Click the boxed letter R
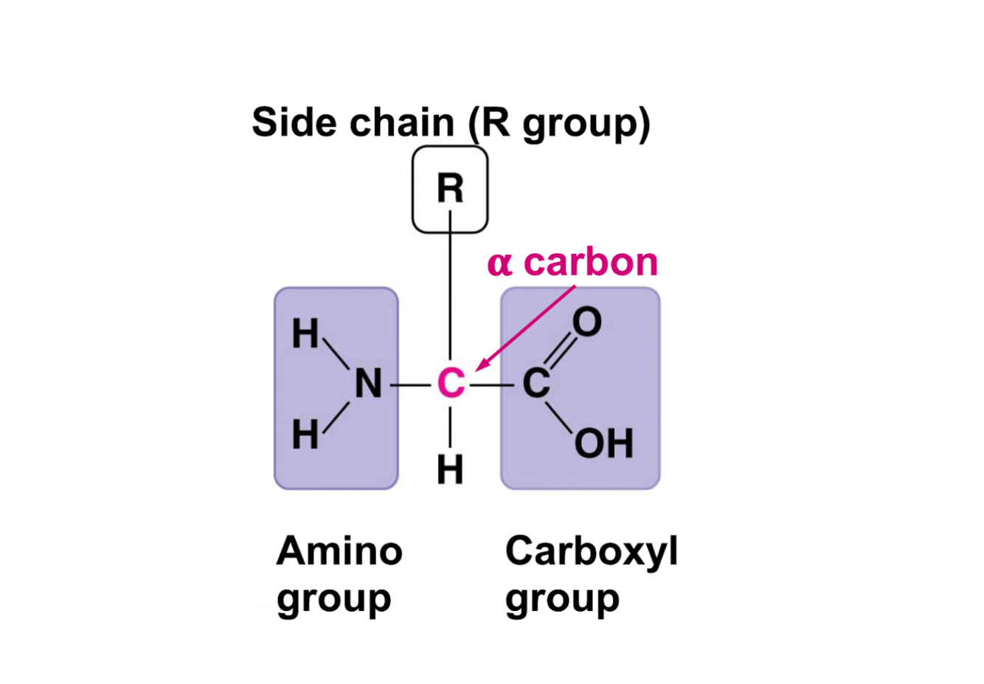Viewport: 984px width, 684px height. pos(450,188)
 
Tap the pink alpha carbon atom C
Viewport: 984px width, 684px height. pos(451,384)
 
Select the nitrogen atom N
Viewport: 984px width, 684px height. pos(368,384)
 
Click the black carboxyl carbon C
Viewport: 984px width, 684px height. pos(536,384)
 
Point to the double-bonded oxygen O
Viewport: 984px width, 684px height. pos(587,322)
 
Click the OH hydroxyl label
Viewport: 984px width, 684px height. pos(603,443)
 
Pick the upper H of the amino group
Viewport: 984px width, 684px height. pos(305,334)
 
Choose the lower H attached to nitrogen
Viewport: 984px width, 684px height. pos(305,435)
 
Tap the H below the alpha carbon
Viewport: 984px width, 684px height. pos(450,469)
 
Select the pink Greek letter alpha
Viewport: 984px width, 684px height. pos(499,263)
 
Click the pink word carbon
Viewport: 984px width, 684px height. pos(590,262)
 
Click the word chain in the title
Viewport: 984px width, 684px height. pos(402,122)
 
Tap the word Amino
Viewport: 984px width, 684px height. pos(339,550)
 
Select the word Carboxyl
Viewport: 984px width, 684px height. pos(591,552)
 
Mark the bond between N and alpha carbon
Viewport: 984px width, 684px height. pos(410,385)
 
